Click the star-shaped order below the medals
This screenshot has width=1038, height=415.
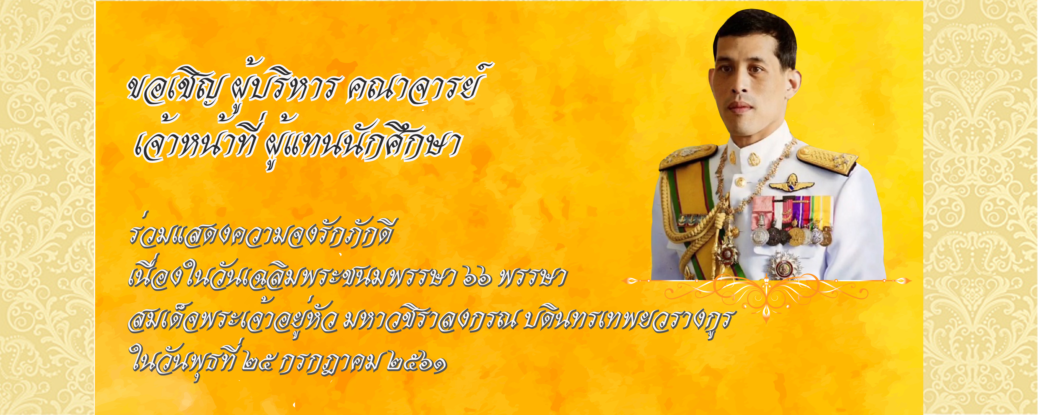784,266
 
